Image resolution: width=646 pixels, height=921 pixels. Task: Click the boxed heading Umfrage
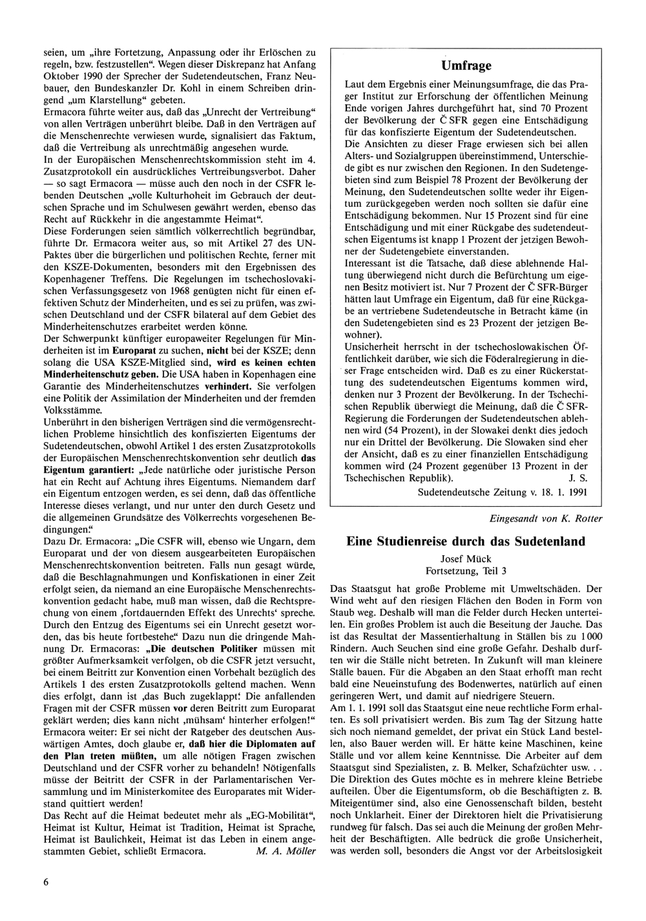[x=466, y=65]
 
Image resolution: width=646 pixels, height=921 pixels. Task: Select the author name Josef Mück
[x=466, y=558]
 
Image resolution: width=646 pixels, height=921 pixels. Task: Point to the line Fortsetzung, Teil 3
[x=466, y=571]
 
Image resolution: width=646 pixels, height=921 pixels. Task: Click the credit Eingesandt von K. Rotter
[x=547, y=518]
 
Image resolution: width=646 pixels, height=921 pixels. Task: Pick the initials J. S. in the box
[x=578, y=478]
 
